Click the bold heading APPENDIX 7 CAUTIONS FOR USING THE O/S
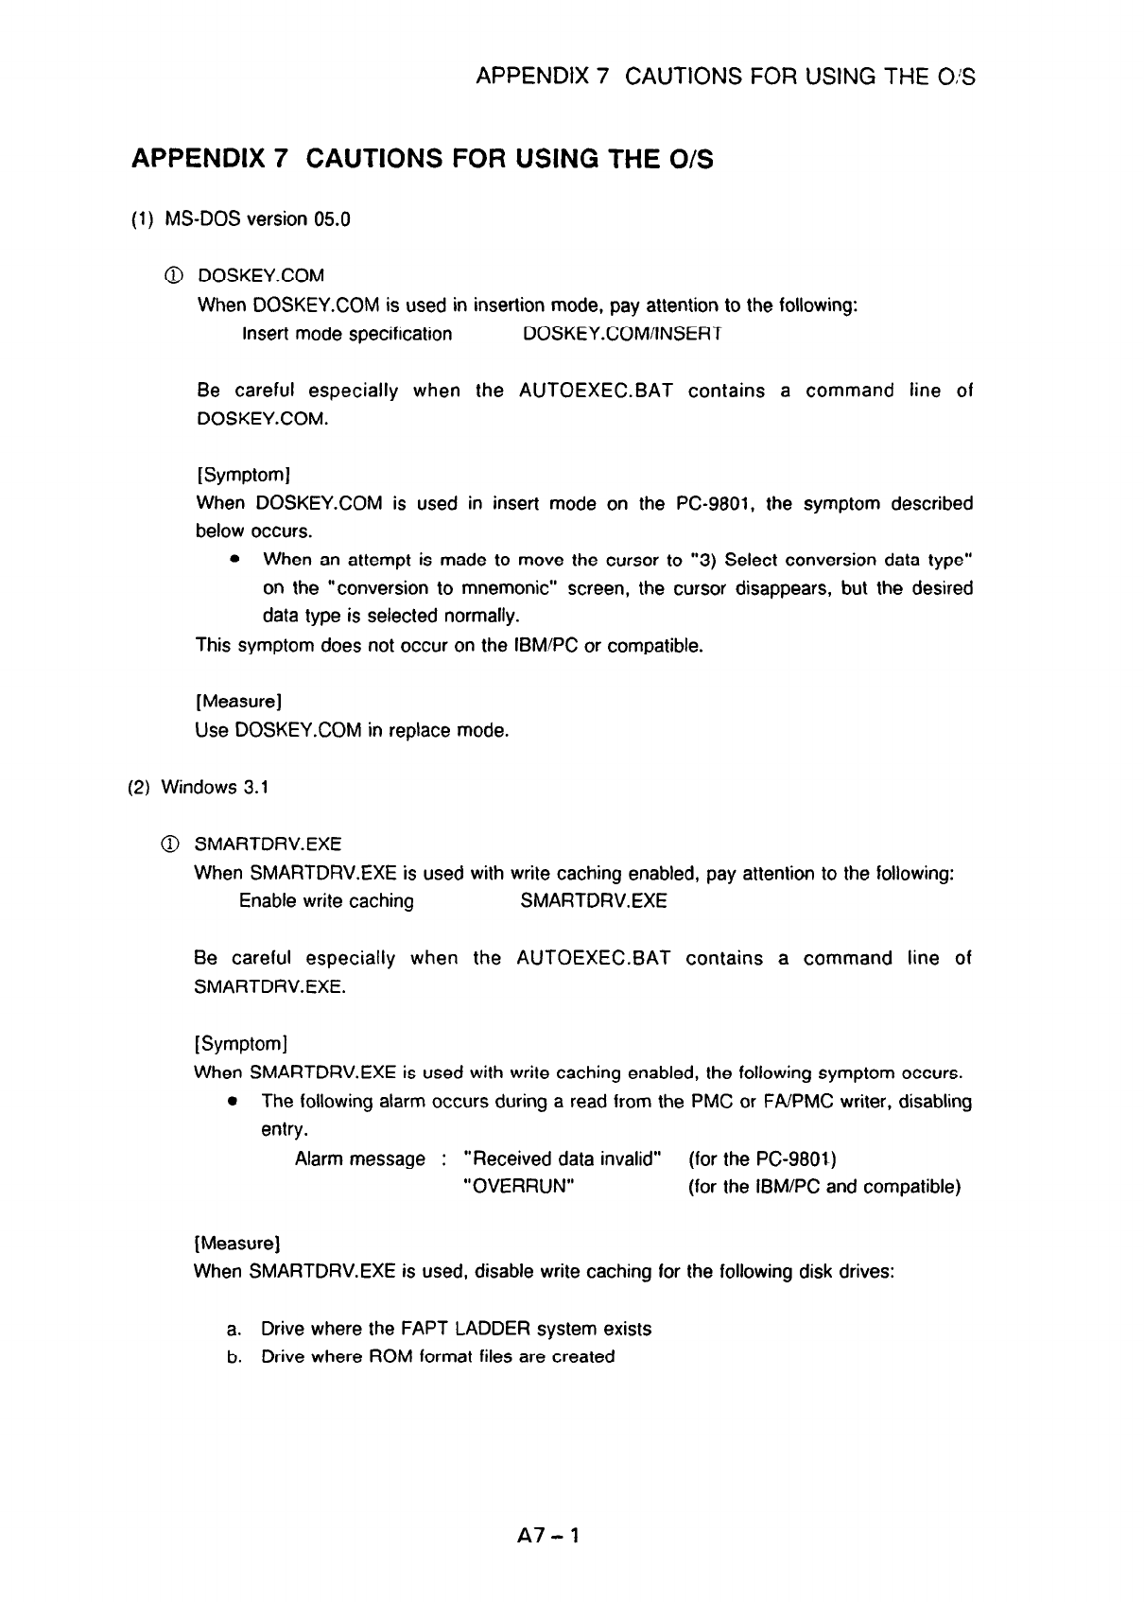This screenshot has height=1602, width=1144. [423, 159]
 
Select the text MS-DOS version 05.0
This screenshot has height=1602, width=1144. [257, 219]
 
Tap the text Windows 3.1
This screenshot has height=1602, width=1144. [216, 787]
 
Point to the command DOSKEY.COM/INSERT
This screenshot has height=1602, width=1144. [622, 334]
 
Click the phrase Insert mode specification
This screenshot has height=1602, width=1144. [347, 334]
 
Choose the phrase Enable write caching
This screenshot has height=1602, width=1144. [326, 900]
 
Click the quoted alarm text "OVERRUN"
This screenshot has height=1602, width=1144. [516, 1186]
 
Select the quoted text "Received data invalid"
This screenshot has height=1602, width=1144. [563, 1158]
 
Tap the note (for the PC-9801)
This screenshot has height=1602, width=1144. [763, 1158]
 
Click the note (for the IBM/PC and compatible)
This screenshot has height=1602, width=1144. [824, 1186]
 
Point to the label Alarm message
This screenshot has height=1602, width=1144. [360, 1158]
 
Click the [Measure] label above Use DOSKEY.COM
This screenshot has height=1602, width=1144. [239, 702]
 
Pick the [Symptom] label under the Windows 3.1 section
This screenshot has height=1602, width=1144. [240, 1043]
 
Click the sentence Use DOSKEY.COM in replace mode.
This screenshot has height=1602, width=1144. [352, 730]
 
